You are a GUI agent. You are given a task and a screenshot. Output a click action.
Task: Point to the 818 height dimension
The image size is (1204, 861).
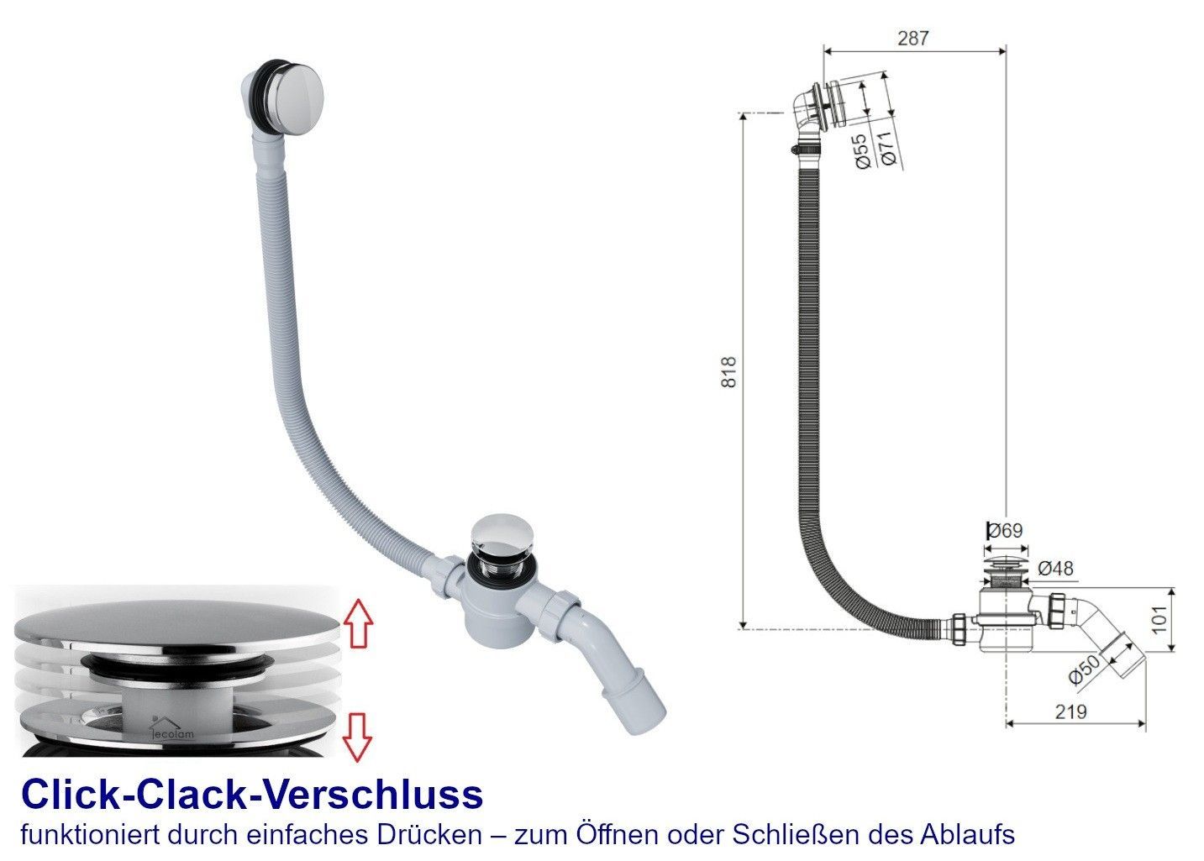(728, 372)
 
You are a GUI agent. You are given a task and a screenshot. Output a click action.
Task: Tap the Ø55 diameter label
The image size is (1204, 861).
(862, 151)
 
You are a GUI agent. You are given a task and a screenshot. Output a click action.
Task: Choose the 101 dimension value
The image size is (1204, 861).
(1159, 620)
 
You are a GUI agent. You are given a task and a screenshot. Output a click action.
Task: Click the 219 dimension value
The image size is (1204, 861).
(1070, 711)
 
